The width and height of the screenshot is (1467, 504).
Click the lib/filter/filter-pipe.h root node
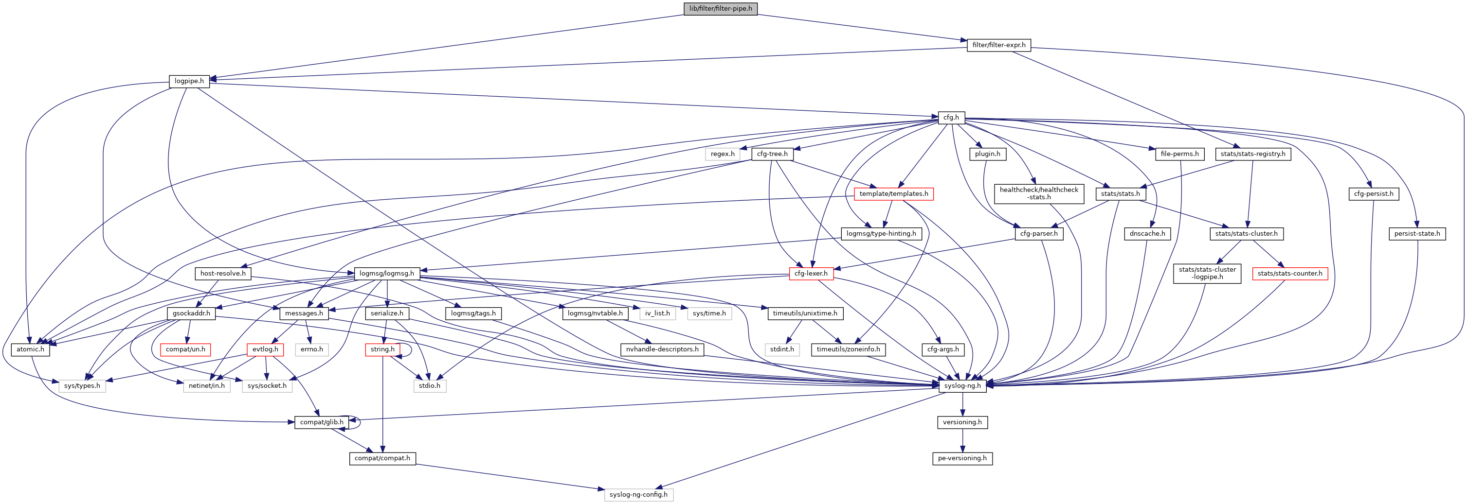pyautogui.click(x=721, y=9)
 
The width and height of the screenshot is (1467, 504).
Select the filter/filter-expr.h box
pyautogui.click(x=998, y=45)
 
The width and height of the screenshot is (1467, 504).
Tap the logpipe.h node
pyautogui.click(x=189, y=81)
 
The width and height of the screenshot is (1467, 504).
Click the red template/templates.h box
pyautogui.click(x=893, y=194)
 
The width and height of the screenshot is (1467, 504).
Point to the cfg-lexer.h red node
pyautogui.click(x=811, y=274)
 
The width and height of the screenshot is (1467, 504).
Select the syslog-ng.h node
pyautogui.click(x=962, y=386)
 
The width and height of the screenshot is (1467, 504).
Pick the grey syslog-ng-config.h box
pyautogui.click(x=638, y=494)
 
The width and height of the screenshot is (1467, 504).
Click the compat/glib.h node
pyautogui.click(x=322, y=422)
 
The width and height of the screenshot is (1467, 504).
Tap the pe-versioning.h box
pyautogui.click(x=962, y=458)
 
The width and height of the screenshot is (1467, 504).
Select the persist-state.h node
pyautogui.click(x=1417, y=234)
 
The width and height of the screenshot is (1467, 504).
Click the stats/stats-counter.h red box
pyautogui.click(x=1290, y=274)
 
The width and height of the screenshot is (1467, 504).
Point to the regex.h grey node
pyautogui.click(x=722, y=154)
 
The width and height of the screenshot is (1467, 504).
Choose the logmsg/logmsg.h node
pyautogui.click(x=387, y=274)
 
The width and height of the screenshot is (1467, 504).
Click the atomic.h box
pyautogui.click(x=30, y=349)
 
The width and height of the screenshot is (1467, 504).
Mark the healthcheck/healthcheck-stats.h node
pyautogui.click(x=1039, y=193)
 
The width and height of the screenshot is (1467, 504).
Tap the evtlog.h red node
pyautogui.click(x=265, y=349)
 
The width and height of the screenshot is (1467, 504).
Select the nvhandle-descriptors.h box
pyautogui.click(x=662, y=349)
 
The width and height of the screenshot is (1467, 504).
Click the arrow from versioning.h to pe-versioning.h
pyautogui.click(x=962, y=440)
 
